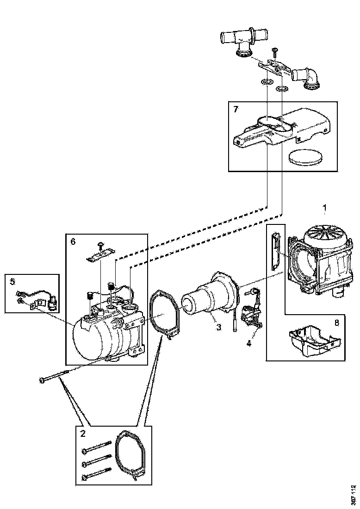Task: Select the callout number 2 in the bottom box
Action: [x=83, y=434]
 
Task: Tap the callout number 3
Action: [x=218, y=327]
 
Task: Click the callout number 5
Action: [x=12, y=281]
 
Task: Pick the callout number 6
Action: [x=73, y=241]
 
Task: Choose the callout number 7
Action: [x=236, y=109]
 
